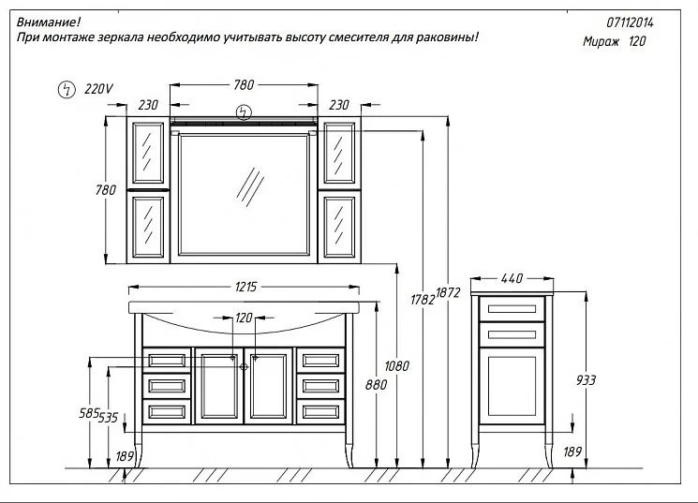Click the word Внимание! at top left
point(49,22)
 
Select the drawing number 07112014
point(630,22)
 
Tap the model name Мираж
point(601,41)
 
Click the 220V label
point(98,89)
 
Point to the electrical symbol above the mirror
point(244,111)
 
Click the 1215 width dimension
point(245,287)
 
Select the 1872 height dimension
point(448,292)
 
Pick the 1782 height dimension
point(423,300)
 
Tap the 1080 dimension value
point(396,366)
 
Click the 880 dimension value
point(376,385)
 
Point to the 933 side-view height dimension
point(586,380)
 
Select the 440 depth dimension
point(512,278)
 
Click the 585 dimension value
point(89,413)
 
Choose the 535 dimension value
point(108,418)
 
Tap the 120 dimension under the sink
point(244,318)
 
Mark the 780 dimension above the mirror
point(244,84)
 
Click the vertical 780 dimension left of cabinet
point(106,190)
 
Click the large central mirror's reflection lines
point(250,187)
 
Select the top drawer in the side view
point(512,309)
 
